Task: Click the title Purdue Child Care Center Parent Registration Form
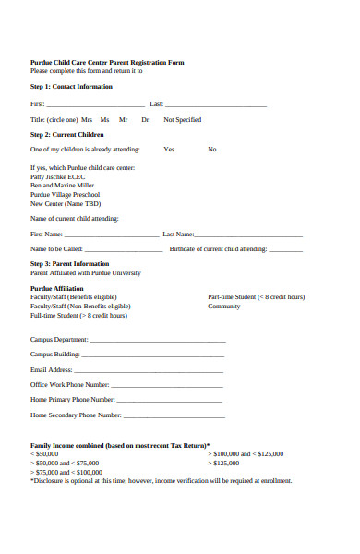pos(107,62)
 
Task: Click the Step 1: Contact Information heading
pos(71,87)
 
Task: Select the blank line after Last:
pos(216,105)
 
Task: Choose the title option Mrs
pos(87,120)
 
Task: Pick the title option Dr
pos(145,120)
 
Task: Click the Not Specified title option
pos(182,120)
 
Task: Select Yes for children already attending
pos(169,149)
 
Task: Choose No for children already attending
pos(212,149)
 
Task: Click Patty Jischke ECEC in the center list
pos(57,176)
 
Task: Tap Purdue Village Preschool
pos(66,195)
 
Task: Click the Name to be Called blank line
pos(121,249)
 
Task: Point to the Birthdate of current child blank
pos(285,249)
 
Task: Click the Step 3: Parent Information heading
pos(70,264)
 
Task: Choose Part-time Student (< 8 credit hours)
pos(256,296)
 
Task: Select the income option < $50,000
pos(44,454)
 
